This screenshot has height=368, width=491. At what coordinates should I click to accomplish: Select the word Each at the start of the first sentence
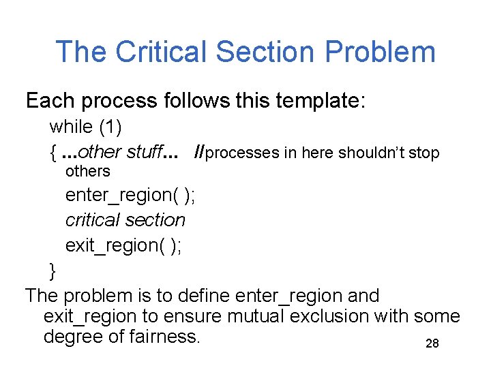point(50,101)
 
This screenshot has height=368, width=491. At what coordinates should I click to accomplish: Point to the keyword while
point(71,127)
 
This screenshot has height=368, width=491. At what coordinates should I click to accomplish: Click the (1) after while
point(112,127)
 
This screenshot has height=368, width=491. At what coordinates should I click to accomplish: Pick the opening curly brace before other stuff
point(53,153)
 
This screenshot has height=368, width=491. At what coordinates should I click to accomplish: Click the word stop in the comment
point(425,153)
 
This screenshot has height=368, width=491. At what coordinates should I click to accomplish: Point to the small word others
point(87,170)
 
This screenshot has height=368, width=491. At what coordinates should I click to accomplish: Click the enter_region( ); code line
point(130,195)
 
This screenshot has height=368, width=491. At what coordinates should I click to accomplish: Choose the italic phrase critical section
point(125,220)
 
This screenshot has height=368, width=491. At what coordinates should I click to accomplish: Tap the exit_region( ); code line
point(123,245)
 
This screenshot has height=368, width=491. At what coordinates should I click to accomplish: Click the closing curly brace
point(53,271)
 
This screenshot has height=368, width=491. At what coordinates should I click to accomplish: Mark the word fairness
point(164,337)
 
